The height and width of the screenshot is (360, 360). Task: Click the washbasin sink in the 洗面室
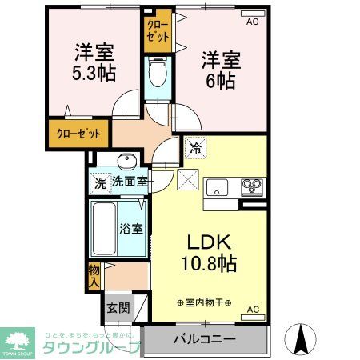(127, 158)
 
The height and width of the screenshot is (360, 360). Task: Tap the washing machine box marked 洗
(100, 182)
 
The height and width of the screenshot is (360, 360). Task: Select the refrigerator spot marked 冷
(194, 147)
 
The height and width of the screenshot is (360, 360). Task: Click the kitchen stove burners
(252, 188)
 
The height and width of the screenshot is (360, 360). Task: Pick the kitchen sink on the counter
(218, 189)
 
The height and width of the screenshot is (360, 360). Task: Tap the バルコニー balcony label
(205, 339)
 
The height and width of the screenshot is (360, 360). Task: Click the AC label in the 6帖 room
(252, 22)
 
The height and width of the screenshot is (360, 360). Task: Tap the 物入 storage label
(94, 275)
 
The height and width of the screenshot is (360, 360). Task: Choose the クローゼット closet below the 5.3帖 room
(78, 133)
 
